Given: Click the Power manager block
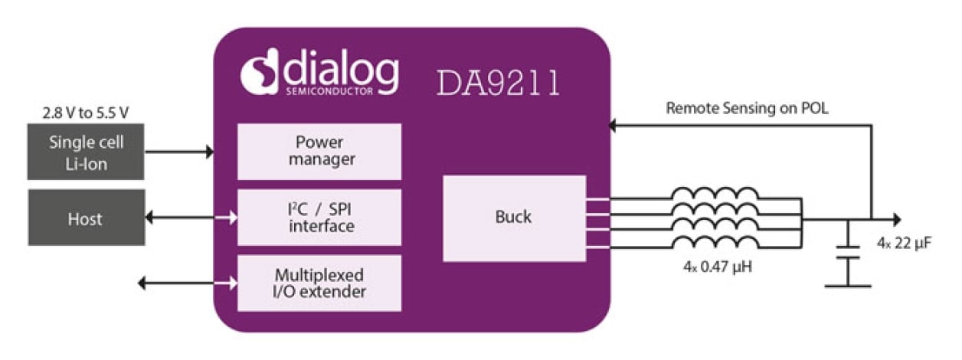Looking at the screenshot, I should click(x=319, y=151).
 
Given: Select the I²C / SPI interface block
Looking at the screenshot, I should click(x=319, y=217).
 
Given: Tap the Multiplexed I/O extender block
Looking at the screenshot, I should click(x=319, y=283).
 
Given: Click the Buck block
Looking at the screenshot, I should click(x=514, y=218).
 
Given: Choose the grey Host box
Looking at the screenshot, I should click(x=86, y=218).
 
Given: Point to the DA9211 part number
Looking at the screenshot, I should click(x=499, y=83).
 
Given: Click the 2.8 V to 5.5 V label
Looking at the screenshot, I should click(x=85, y=113).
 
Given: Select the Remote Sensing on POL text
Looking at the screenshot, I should click(x=747, y=109).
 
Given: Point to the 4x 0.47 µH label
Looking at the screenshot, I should click(x=715, y=269).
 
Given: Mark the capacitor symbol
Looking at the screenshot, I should click(x=848, y=253).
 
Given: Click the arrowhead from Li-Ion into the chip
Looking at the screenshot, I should click(x=209, y=152).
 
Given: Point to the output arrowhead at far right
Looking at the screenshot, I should click(x=897, y=219).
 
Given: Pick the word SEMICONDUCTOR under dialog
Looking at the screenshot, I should click(x=330, y=92).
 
